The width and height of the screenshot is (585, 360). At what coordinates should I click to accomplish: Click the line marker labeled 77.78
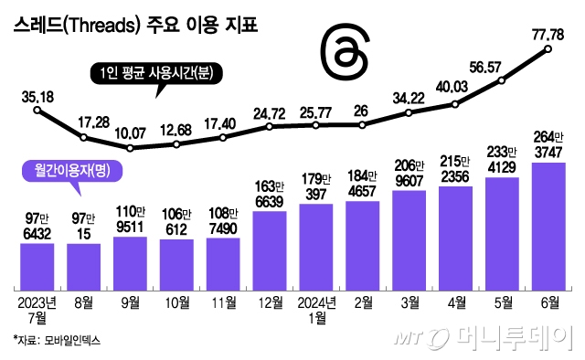coord(548,49)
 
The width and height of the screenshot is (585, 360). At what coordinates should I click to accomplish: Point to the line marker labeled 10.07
coord(131,148)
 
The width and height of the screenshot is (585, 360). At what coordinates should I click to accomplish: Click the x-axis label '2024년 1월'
coord(316,309)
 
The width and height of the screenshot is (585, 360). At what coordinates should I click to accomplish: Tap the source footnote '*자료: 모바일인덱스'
coord(57,340)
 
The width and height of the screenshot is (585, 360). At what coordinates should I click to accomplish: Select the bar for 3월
coord(409,241)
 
